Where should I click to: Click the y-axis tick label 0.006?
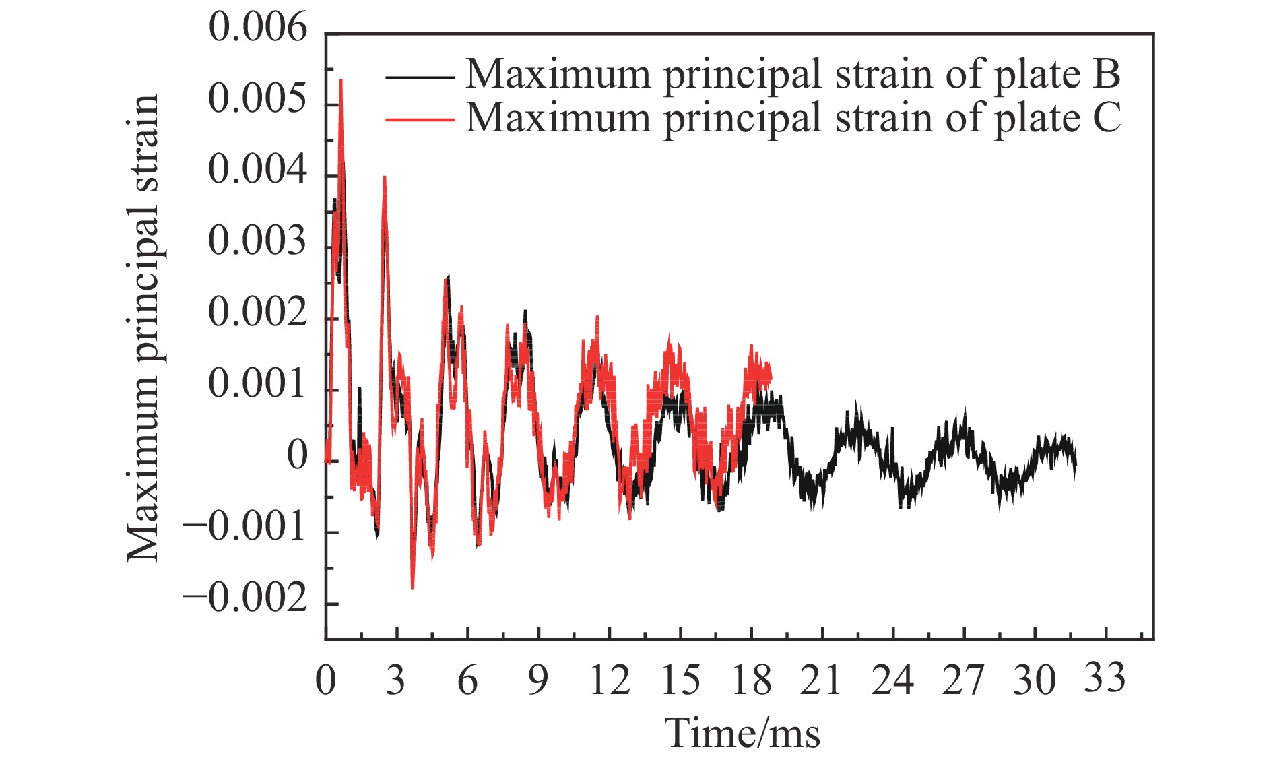(x=257, y=30)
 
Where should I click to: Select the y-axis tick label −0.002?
(x=245, y=600)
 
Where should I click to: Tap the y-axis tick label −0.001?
(x=245, y=528)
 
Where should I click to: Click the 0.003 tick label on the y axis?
(x=257, y=243)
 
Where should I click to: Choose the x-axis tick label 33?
(x=1105, y=677)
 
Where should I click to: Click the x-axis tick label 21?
(x=821, y=680)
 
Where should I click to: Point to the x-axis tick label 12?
(x=609, y=680)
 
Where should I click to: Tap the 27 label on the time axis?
(x=963, y=680)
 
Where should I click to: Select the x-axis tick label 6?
(x=467, y=680)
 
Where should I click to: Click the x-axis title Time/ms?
(x=743, y=733)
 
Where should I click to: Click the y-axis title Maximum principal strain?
(x=143, y=328)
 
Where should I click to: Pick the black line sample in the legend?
(x=419, y=77)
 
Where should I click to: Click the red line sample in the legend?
(x=419, y=120)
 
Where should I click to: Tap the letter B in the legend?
(x=1106, y=74)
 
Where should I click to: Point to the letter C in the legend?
(x=1106, y=118)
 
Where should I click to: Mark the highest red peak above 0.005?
(x=341, y=81)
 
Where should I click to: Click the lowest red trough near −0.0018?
(x=412, y=587)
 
